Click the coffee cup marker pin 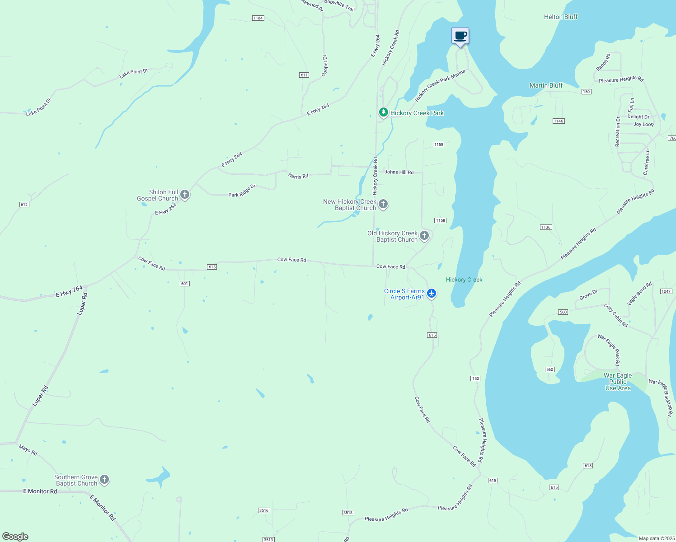460,36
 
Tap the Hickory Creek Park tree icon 383,112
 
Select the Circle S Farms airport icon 432,294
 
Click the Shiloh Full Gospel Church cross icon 184,195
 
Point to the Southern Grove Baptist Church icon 104,480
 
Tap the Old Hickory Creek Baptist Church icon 424,235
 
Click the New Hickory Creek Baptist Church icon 383,204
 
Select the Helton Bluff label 560,17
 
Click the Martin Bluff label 546,85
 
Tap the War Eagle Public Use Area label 618,382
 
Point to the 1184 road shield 258,18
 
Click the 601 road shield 184,284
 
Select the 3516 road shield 264,510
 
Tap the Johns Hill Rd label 399,172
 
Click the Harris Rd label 298,176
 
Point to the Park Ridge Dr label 242,191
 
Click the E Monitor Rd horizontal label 40,491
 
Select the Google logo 15,537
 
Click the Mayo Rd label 28,450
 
